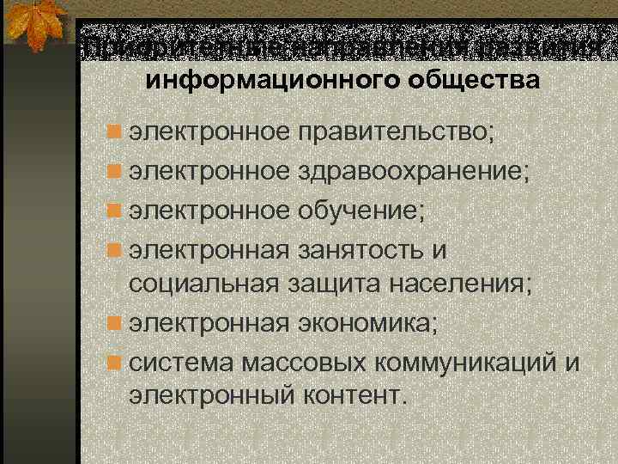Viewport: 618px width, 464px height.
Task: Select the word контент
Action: pos(351,396)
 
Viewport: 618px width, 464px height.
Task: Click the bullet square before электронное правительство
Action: pos(112,134)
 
